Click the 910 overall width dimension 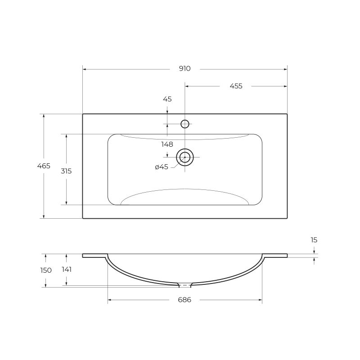[184, 69]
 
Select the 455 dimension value [236, 86]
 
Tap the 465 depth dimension [44, 166]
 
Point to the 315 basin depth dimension [66, 171]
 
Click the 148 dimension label [167, 144]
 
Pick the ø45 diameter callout [161, 167]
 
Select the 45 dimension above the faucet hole [167, 99]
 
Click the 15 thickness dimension [314, 240]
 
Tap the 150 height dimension [45, 270]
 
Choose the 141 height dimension [66, 270]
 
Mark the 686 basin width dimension [184, 300]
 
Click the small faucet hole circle [184, 124]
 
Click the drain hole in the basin [184, 157]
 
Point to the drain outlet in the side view [184, 285]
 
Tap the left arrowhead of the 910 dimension [85, 69]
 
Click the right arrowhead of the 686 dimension [260, 300]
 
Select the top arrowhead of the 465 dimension [44, 116]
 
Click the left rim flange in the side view [94, 256]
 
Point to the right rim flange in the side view [275, 256]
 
